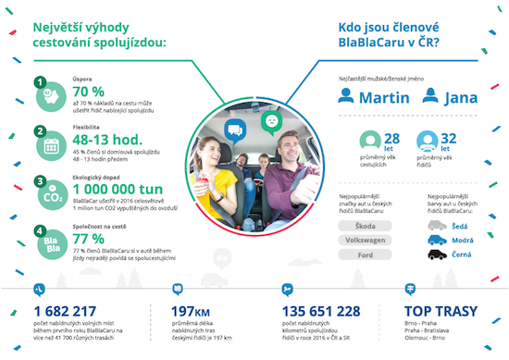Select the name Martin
coord(382,97)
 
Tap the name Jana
coord(460,97)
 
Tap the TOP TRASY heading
coord(441,311)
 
